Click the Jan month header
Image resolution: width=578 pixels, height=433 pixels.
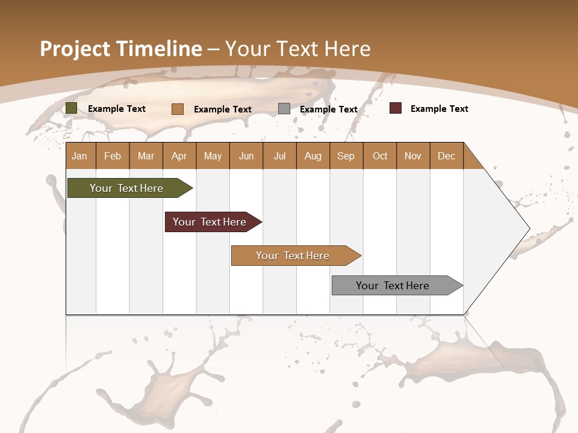pos(80,156)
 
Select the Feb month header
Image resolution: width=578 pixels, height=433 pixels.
pos(113,156)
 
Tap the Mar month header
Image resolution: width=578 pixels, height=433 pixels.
pos(146,156)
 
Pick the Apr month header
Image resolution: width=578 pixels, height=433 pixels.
pos(179,156)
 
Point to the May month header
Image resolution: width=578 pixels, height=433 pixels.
pos(213,156)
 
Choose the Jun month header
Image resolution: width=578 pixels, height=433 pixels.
pos(246,156)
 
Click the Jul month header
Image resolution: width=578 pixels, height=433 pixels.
pos(279,156)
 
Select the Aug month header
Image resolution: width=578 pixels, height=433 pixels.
pos(313,156)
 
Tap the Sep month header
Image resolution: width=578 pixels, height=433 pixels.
pos(346,156)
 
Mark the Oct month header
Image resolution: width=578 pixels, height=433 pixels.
pos(380,156)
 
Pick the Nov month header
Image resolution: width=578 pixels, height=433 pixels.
pos(413,156)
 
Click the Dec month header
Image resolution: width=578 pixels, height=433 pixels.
pos(447,156)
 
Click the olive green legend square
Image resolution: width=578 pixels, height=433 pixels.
pos(72,108)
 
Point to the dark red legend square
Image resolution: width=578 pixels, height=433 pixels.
pos(395,108)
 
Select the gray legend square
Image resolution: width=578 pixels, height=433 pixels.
pos(284,109)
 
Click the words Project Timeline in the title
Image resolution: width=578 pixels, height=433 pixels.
pos(121,49)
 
